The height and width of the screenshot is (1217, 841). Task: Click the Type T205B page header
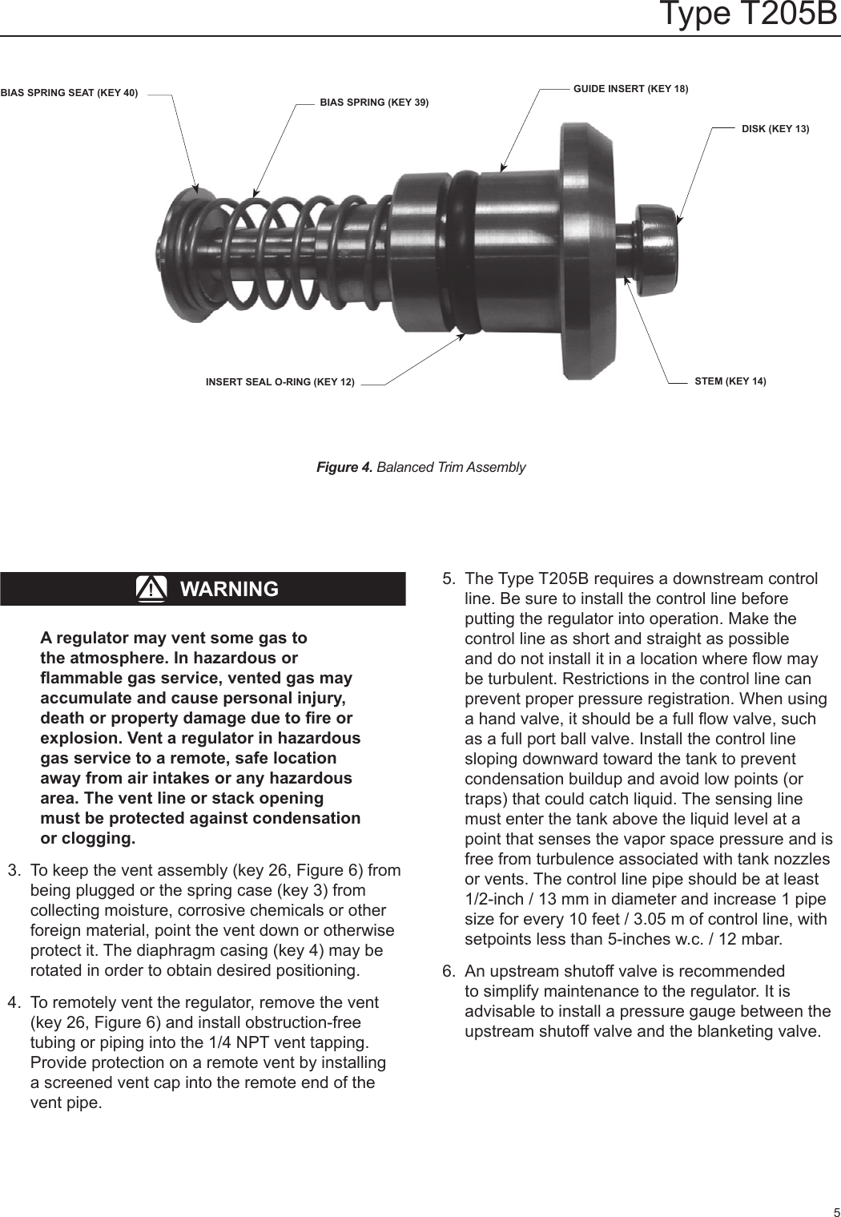[746, 14]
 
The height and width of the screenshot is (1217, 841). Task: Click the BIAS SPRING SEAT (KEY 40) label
[69, 93]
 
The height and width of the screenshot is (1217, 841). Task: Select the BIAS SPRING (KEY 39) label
[374, 103]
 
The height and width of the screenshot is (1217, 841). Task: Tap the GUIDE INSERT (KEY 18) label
[630, 88]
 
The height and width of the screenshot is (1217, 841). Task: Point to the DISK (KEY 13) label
[775, 129]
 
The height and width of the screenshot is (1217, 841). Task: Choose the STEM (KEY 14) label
[730, 381]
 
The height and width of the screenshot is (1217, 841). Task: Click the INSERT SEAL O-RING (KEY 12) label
[280, 382]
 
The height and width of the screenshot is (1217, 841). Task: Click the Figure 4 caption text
[420, 467]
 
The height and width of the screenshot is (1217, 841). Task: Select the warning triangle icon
[151, 589]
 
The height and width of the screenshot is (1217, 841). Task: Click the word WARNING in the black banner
[229, 589]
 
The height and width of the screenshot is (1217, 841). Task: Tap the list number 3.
[13, 871]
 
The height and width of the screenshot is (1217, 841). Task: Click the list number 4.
[13, 1003]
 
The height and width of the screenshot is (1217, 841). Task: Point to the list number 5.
[449, 579]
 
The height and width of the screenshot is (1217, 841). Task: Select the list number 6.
[449, 972]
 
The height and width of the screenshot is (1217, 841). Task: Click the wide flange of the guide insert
[589, 252]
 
